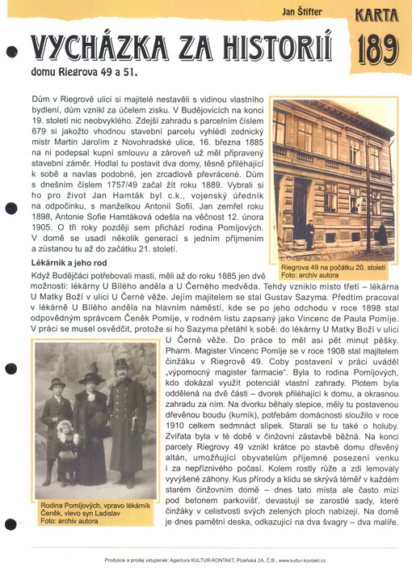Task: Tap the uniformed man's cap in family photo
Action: click(121, 367)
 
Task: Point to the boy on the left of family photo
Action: click(57, 413)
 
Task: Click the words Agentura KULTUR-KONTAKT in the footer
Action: click(191, 561)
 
